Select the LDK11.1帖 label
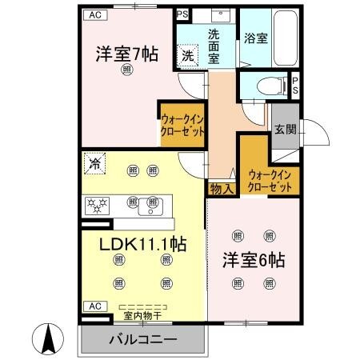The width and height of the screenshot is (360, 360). click(x=142, y=244)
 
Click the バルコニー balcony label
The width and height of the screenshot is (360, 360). click(x=142, y=340)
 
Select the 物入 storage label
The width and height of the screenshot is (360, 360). click(x=222, y=189)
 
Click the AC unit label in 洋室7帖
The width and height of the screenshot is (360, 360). click(x=95, y=14)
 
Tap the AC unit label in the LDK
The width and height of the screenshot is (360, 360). click(x=94, y=306)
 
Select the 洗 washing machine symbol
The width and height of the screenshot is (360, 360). click(x=186, y=55)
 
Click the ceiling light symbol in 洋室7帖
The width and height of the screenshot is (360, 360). click(x=127, y=71)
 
